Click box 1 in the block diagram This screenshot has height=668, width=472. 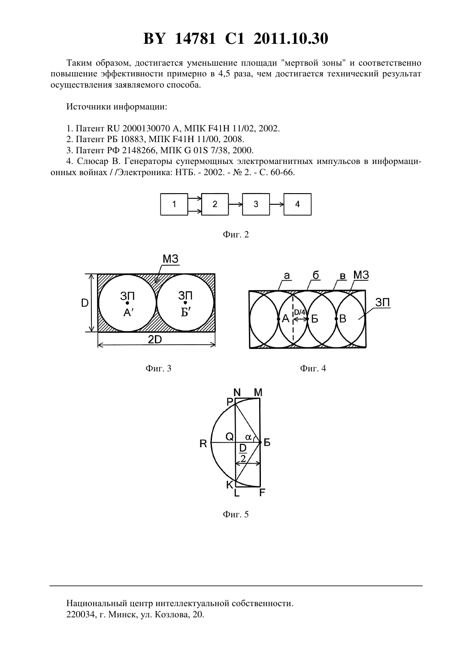pos(174,204)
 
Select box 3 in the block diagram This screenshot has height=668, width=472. pos(256,204)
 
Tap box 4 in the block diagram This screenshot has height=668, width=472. pos(297,204)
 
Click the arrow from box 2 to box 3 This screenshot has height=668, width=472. pos(236,204)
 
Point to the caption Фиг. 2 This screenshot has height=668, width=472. pos(236,234)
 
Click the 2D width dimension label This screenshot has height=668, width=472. pos(155,340)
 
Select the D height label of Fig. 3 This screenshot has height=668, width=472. pos(85,303)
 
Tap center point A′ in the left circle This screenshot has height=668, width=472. pos(127,303)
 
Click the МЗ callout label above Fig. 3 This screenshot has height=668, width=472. pos(170,259)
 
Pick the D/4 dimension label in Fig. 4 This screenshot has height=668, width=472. pos(300,312)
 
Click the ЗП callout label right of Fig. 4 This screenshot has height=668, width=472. pos(382,302)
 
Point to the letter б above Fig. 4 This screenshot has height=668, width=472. pos(316,275)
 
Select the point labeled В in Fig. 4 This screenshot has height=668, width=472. pos(336,319)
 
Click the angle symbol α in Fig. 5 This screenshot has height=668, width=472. pos(248,437)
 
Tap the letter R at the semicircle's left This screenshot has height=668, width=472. pos(203,444)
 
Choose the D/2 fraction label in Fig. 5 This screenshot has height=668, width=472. pos(243,453)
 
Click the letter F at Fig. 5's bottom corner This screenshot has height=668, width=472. pos(262,493)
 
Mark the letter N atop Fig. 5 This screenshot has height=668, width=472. pos(237,392)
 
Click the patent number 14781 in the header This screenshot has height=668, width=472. pos(195,39)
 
